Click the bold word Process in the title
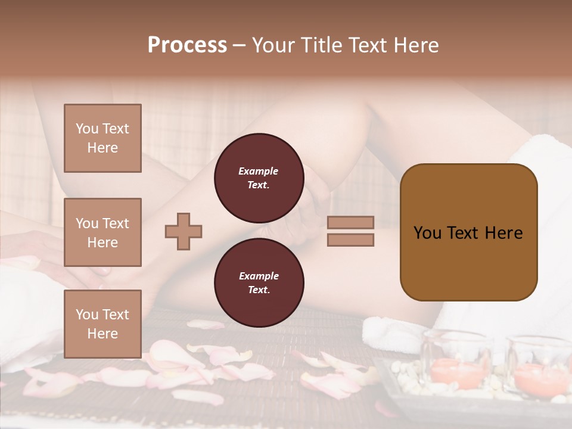point(187,45)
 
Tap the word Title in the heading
point(321,45)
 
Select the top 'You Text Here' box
point(102,138)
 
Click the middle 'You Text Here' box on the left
point(102,232)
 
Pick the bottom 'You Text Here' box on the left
point(102,324)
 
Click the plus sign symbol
point(184,231)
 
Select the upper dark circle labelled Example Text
point(259,178)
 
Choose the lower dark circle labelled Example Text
point(259,283)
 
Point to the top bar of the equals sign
point(350,222)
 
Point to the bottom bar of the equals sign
point(350,240)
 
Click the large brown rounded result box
point(468,262)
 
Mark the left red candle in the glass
point(456,372)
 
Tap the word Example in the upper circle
point(258,171)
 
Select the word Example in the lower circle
point(259,276)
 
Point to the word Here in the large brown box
point(504,232)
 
